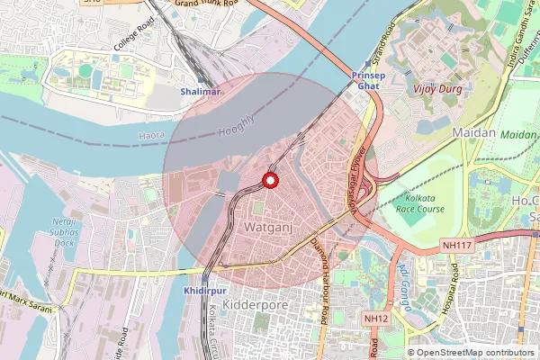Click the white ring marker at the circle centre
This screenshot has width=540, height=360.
click(x=268, y=181)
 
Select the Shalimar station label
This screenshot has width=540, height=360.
click(x=200, y=92)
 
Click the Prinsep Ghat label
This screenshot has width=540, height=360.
click(x=366, y=79)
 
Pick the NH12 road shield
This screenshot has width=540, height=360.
click(x=375, y=318)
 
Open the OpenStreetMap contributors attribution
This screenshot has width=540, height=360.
click(x=475, y=352)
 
